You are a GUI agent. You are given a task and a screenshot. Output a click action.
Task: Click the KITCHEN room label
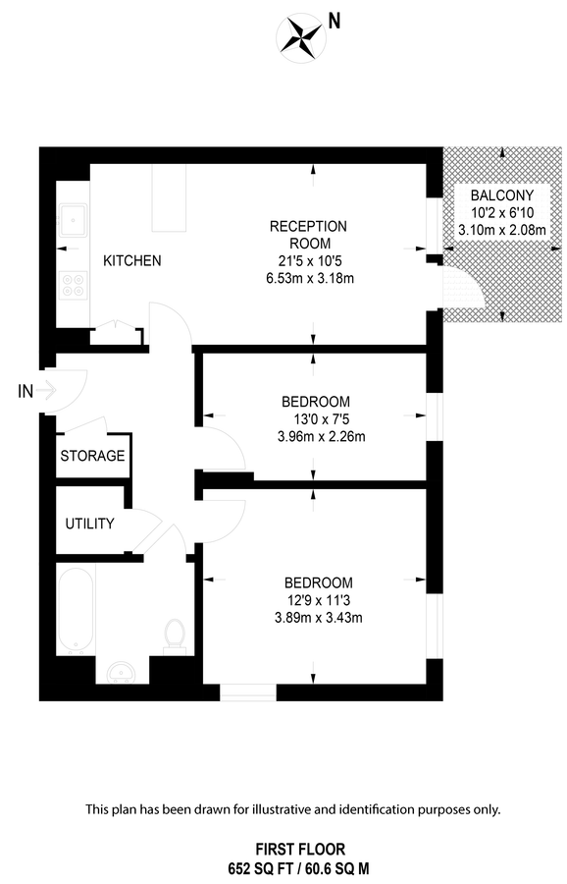pos(132,261)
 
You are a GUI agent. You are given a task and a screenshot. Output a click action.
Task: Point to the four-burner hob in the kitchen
pos(74,285)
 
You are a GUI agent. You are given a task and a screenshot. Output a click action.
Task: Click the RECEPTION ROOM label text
pos(308,235)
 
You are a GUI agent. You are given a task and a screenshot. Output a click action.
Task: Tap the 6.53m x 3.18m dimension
pos(308,278)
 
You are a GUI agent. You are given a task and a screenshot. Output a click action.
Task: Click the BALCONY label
pos(501,195)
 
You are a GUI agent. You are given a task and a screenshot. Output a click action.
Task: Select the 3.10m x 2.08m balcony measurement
pos(501,230)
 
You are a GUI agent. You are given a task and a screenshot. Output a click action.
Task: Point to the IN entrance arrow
pos(39,391)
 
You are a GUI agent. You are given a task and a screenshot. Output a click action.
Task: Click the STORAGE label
pos(92,456)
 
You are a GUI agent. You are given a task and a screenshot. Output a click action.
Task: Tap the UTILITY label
pos(90,524)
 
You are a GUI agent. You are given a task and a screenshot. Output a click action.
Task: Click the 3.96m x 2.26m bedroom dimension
pos(315,437)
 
